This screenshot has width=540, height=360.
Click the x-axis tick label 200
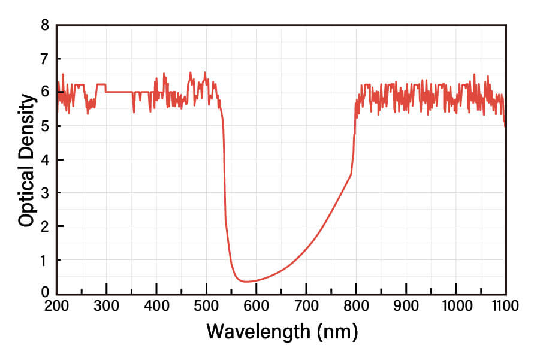click(x=56, y=305)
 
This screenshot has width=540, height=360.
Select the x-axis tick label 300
click(x=106, y=305)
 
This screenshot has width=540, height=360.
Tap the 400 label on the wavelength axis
click(x=156, y=305)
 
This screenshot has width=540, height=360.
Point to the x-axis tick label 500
click(x=206, y=305)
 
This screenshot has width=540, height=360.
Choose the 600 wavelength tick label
click(x=256, y=305)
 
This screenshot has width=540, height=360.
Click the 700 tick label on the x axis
click(x=306, y=305)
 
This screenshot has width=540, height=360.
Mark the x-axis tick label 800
click(x=356, y=305)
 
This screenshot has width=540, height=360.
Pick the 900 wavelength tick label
click(x=406, y=305)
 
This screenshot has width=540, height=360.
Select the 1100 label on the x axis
click(x=505, y=305)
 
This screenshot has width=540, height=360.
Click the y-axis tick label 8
click(x=44, y=25)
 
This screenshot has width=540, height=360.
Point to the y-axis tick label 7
click(x=44, y=59)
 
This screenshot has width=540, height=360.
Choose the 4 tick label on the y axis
click(x=44, y=159)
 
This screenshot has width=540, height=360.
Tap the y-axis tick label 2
click(x=44, y=226)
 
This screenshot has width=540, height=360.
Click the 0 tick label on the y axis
click(x=44, y=292)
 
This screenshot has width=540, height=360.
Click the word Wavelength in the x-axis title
click(x=260, y=331)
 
